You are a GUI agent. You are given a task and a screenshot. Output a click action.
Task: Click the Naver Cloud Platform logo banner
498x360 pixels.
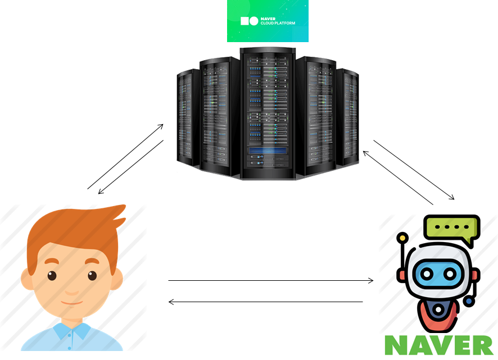[x=268, y=21]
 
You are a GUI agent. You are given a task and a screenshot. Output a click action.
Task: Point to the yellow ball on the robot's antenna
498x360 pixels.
[x=402, y=238]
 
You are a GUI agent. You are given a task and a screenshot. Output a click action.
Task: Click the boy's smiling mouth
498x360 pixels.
[x=71, y=303]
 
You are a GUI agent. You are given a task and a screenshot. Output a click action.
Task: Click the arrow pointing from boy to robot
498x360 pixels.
[x=270, y=280]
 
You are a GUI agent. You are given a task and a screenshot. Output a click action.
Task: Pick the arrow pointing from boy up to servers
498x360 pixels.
[x=125, y=157]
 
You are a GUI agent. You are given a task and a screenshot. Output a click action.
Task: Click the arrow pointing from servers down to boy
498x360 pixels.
[x=131, y=167]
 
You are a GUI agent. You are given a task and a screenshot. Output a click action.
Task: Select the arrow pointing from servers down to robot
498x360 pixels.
[x=414, y=170]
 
